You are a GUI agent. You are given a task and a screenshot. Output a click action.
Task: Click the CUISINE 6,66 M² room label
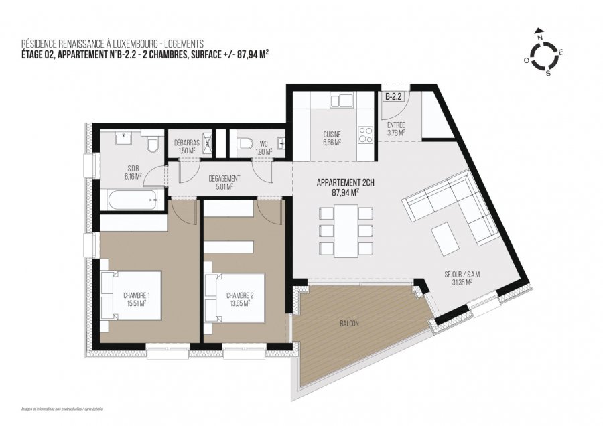pos(333,137)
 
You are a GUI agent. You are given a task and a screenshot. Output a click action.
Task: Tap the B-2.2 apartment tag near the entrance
pos(392,96)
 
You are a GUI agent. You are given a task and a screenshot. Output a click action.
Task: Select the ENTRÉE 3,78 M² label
pos(396,129)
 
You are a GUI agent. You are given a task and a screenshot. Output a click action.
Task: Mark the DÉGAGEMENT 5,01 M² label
pos(220,183)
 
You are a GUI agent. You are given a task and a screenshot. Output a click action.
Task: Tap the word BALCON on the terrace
pos(349,324)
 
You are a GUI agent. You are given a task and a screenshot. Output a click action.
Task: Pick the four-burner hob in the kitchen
pos(366,135)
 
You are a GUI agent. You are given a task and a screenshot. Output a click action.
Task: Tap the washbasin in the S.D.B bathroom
pos(123,140)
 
